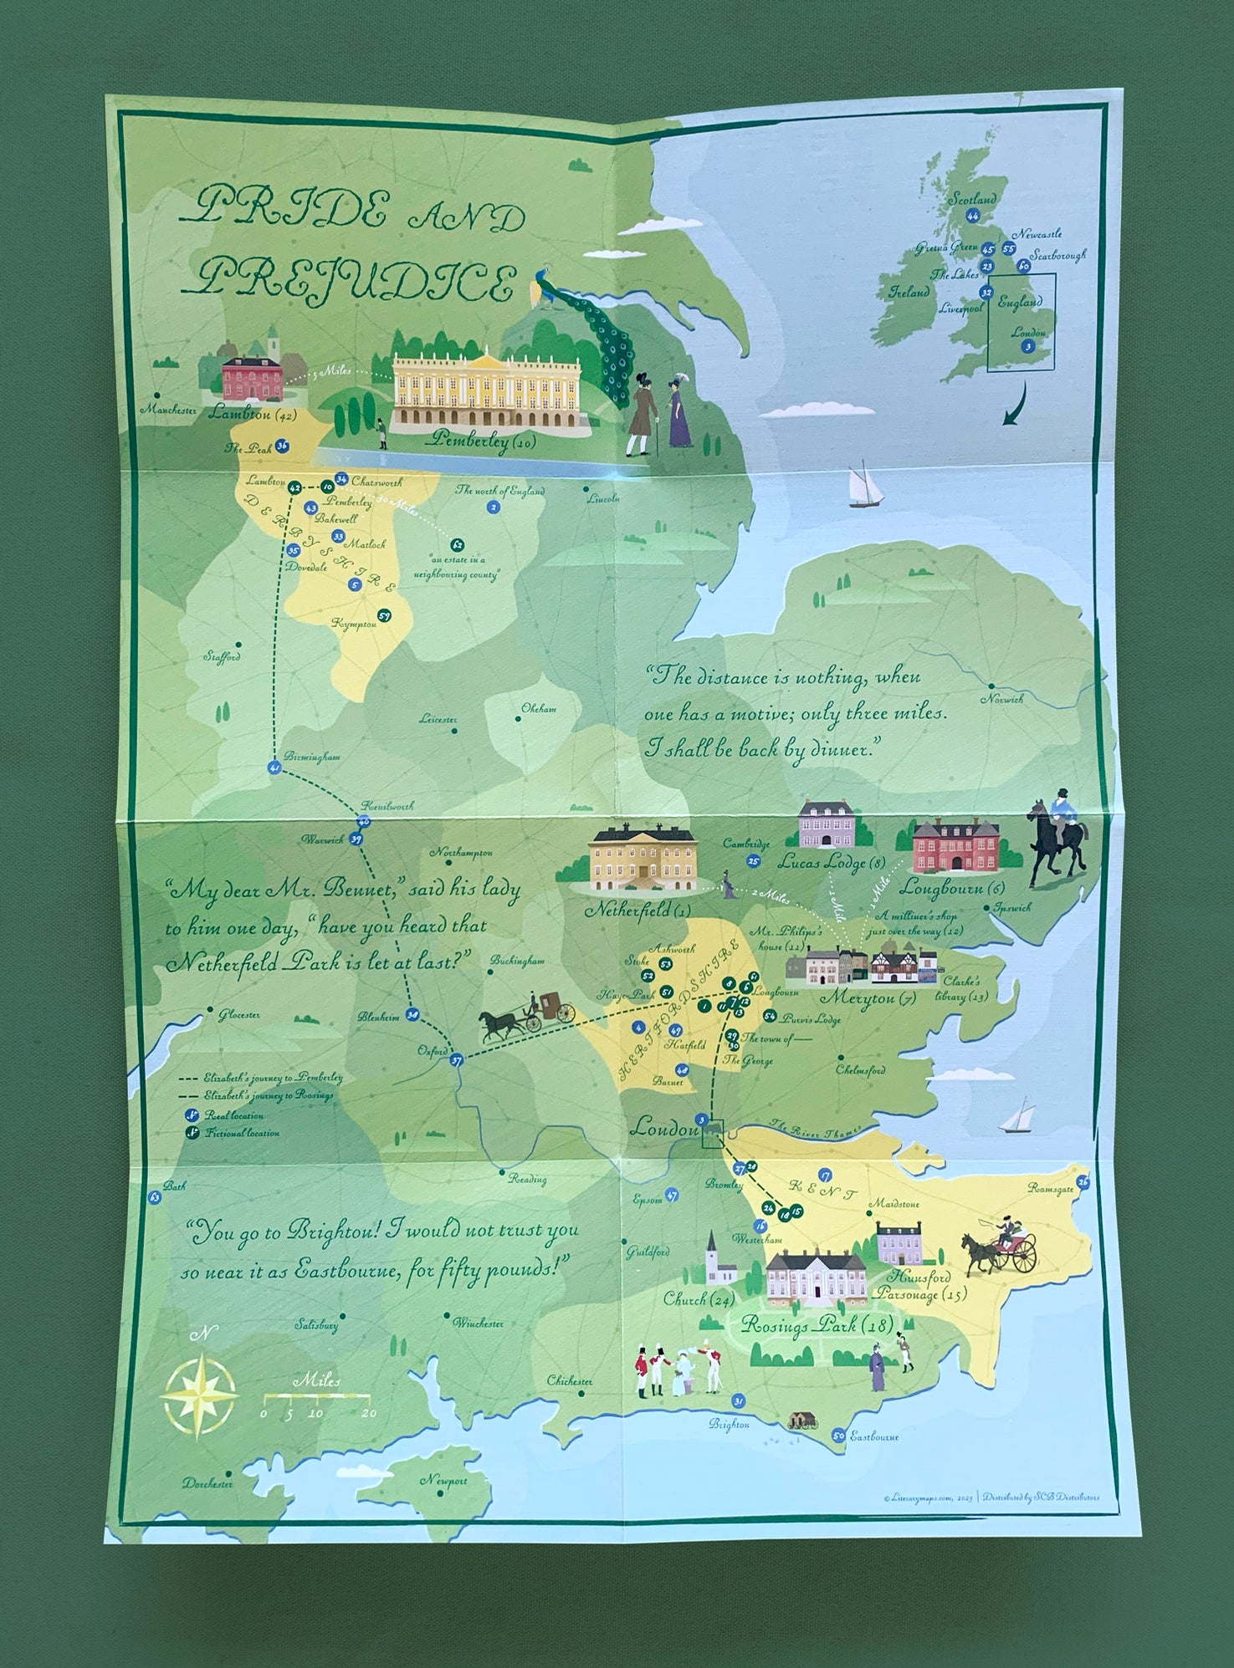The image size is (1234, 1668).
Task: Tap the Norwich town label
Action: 1002,699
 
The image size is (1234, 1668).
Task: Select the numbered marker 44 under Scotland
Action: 972,216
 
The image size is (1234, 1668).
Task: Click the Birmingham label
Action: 312,757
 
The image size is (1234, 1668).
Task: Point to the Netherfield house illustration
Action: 643,858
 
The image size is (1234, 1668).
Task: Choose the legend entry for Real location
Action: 224,1115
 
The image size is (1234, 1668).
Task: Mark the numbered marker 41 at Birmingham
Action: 274,768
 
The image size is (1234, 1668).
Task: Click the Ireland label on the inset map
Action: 909,293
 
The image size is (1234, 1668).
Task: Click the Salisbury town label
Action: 316,1325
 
